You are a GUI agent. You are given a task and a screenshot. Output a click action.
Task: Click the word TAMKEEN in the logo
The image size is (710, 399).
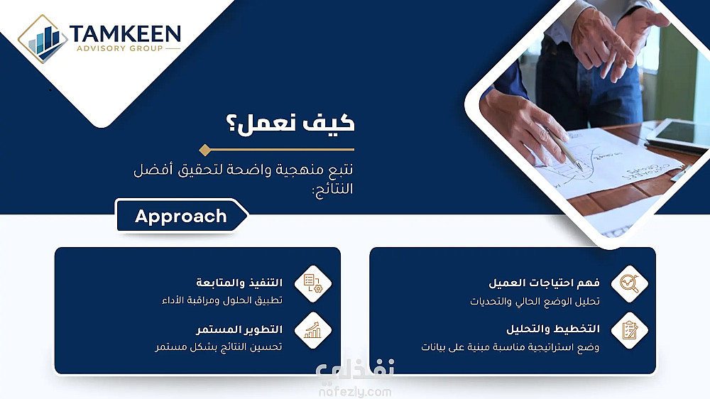(125, 34)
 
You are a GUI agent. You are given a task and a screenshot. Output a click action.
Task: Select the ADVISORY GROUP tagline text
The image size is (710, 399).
(119, 48)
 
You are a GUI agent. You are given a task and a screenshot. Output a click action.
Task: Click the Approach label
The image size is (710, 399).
(180, 216)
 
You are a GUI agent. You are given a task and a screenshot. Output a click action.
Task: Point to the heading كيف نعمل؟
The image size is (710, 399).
(290, 124)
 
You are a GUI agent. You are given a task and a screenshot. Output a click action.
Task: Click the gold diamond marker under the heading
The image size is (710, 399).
(205, 150)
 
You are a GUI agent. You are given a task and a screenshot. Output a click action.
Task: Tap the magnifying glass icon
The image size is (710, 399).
(629, 284)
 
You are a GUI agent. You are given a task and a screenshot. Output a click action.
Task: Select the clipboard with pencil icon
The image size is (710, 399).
(629, 330)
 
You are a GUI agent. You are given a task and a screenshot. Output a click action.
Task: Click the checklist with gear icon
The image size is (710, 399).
(313, 284)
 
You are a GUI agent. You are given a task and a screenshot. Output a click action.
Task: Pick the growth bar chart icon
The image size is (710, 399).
(313, 330)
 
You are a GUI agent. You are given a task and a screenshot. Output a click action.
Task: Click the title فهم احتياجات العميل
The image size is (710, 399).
(544, 283)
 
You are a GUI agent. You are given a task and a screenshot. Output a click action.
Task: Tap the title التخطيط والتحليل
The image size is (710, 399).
(553, 329)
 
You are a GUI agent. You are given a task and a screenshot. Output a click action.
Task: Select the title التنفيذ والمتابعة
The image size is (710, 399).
(239, 283)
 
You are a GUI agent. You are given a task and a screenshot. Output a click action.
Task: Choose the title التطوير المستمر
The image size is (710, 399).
(239, 329)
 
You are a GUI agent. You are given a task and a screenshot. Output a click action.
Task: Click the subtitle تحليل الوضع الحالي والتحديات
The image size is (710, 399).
(535, 301)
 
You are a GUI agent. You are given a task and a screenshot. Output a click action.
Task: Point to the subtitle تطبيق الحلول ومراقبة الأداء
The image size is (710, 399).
(222, 300)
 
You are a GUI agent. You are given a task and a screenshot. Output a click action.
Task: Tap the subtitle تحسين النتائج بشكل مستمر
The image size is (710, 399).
(219, 347)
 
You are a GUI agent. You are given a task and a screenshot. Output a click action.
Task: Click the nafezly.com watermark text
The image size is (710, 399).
(355, 392)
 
